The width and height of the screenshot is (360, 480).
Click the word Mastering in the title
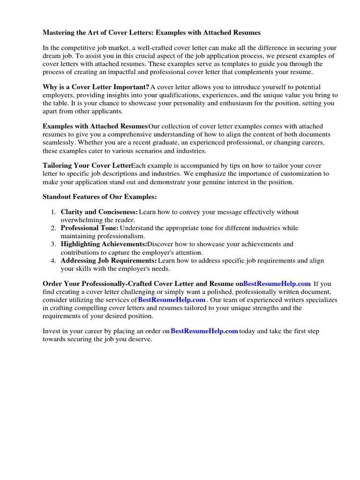click(x=59, y=33)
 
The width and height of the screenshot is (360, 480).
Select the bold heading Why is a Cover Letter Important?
click(x=96, y=87)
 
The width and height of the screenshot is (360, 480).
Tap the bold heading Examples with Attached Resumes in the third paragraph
click(x=95, y=127)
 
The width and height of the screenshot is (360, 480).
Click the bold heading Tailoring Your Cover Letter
click(x=87, y=166)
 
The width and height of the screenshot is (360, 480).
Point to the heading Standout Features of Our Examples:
click(x=99, y=196)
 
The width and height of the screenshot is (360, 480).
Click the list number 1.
click(x=53, y=212)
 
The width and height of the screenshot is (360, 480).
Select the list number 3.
click(x=53, y=244)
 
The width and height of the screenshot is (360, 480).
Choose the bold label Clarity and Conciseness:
click(x=99, y=212)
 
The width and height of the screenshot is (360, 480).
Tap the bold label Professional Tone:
click(x=90, y=228)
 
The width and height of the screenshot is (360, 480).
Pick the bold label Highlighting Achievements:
click(x=104, y=244)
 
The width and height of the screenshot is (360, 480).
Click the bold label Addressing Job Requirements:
click(x=108, y=260)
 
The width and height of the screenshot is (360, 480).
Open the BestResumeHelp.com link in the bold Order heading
click(x=277, y=284)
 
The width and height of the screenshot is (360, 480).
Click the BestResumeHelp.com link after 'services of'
click(x=172, y=300)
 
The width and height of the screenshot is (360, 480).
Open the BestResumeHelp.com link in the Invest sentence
click(x=204, y=331)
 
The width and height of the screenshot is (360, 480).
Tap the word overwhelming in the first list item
click(x=82, y=220)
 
